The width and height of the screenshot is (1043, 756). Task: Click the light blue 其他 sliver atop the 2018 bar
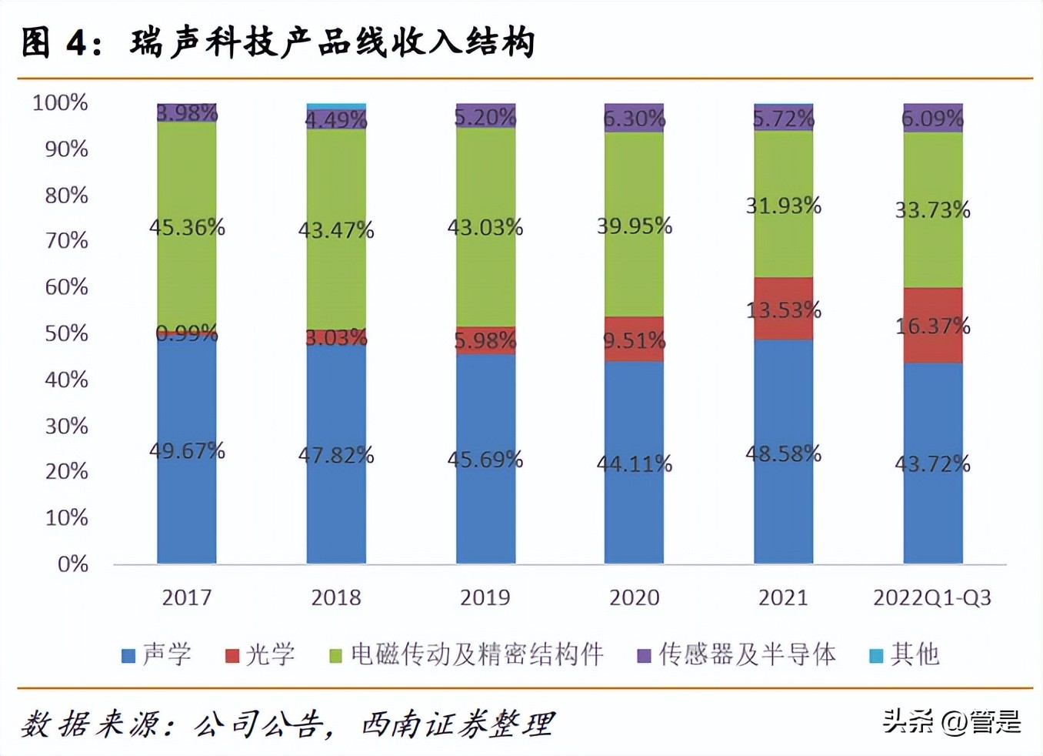336,106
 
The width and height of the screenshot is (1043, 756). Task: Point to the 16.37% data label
932,326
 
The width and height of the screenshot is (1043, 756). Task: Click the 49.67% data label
187,450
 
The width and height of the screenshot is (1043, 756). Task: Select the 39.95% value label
635,226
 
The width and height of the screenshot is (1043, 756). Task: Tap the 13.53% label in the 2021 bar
783,310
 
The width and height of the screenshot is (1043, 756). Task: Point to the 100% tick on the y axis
60,102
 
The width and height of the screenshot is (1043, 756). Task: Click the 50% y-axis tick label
66,333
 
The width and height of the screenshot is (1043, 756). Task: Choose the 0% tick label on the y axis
73,564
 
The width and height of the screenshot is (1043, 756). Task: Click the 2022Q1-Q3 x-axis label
932,597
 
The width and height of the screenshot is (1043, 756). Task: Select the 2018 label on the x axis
336,597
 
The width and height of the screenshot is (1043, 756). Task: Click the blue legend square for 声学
128,656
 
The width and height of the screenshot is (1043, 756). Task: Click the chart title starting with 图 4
277,42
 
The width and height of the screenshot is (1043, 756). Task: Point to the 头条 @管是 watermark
951,721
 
